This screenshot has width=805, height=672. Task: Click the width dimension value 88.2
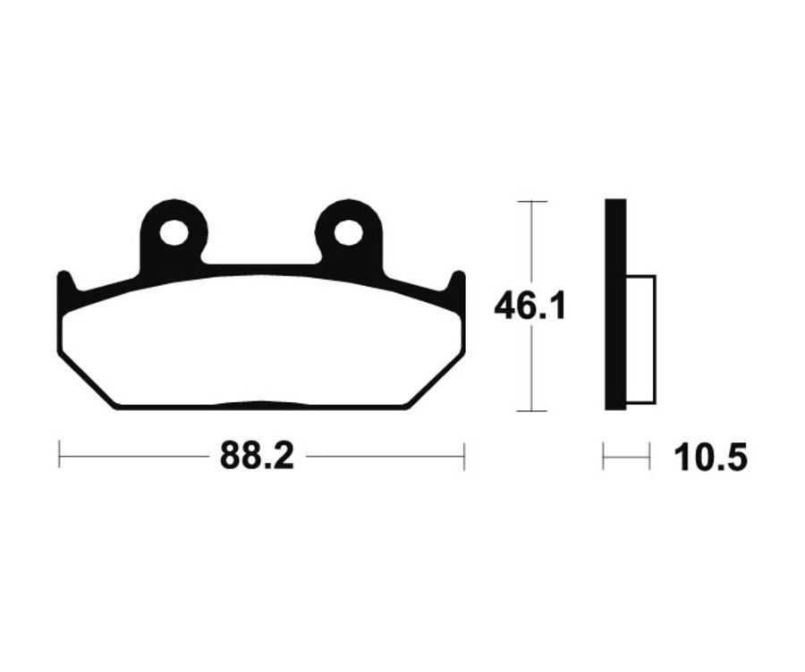pyautogui.click(x=256, y=457)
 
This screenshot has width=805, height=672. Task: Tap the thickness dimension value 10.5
pyautogui.click(x=710, y=458)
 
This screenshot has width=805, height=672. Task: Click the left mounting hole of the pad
pyautogui.click(x=174, y=233)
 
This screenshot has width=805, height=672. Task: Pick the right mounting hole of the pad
pyautogui.click(x=349, y=233)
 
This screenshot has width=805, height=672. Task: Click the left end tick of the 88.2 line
pyautogui.click(x=59, y=456)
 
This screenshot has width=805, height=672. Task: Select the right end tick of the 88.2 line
pyautogui.click(x=464, y=456)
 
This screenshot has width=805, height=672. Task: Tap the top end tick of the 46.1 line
pyautogui.click(x=532, y=201)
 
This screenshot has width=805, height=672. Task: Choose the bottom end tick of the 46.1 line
pyautogui.click(x=532, y=411)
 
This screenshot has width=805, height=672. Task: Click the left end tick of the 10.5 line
pyautogui.click(x=604, y=458)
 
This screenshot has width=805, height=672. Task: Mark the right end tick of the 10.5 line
pyautogui.click(x=649, y=458)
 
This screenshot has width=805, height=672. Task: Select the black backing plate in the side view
pyautogui.click(x=615, y=304)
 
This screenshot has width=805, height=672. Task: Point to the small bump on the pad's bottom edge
pyautogui.click(x=260, y=402)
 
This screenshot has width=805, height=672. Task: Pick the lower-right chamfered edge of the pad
pyautogui.click(x=436, y=381)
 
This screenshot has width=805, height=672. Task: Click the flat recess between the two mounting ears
pyautogui.click(x=261, y=265)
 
